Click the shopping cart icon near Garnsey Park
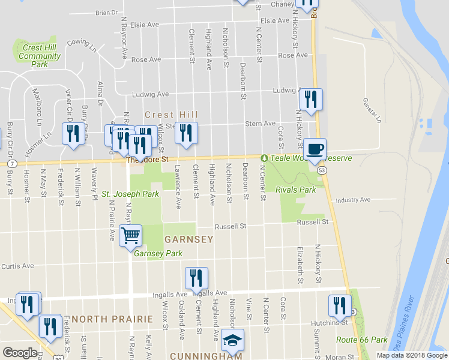(x=130, y=235)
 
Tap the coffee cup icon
(x=314, y=149)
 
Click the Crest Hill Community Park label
(x=40, y=56)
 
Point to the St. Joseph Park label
(x=130, y=194)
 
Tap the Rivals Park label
(x=295, y=190)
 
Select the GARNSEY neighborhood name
(x=188, y=239)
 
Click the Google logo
(x=19, y=353)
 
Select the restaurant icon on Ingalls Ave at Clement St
(x=196, y=277)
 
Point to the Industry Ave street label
(x=354, y=200)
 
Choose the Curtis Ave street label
(x=17, y=266)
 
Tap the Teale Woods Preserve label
(x=306, y=158)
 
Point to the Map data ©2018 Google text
(x=411, y=355)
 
